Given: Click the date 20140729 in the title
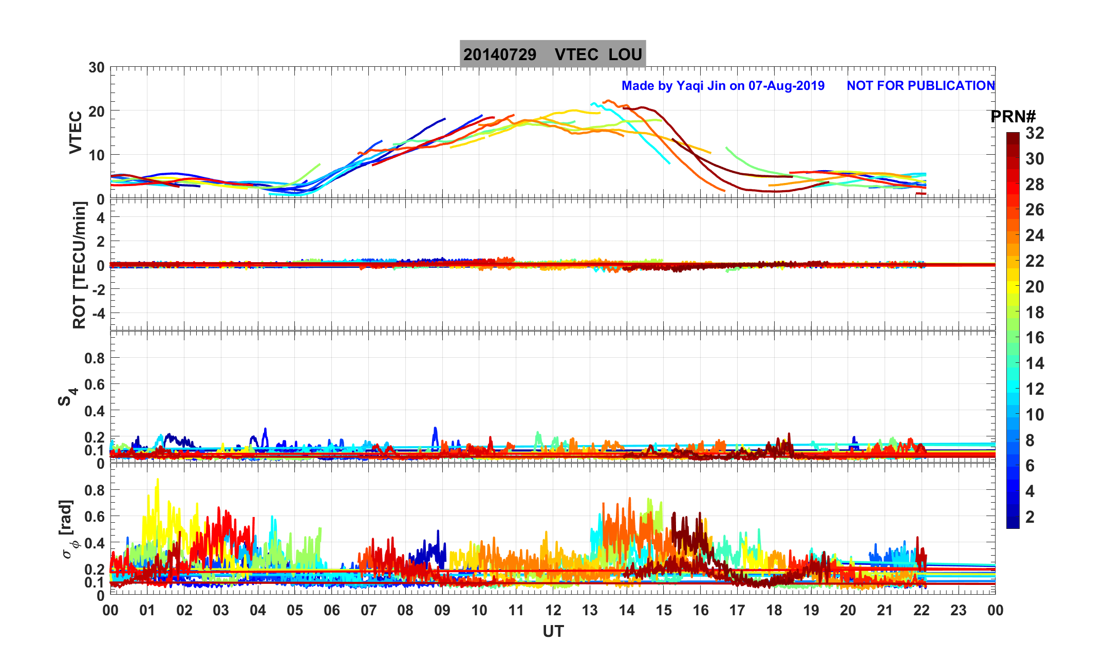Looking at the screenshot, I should [499, 54].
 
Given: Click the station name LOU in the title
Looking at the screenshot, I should [625, 54].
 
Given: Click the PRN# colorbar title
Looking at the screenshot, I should [1013, 117].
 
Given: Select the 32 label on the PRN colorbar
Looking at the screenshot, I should [1035, 134].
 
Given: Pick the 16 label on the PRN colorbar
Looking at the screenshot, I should [1035, 338].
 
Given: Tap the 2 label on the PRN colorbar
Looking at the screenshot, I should [1029, 517].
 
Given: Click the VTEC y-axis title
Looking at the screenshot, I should [76, 133].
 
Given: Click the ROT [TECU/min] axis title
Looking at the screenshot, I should [79, 265].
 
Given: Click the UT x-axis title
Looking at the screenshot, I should [553, 632].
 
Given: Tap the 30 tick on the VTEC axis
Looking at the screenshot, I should [96, 68].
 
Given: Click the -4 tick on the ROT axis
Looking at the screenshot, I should [96, 314].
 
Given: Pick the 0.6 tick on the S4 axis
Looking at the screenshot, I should [94, 384].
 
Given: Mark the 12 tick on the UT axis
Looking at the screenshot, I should [553, 611].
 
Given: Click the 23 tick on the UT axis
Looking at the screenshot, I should [959, 611].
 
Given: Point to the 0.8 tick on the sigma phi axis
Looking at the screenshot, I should [94, 490].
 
